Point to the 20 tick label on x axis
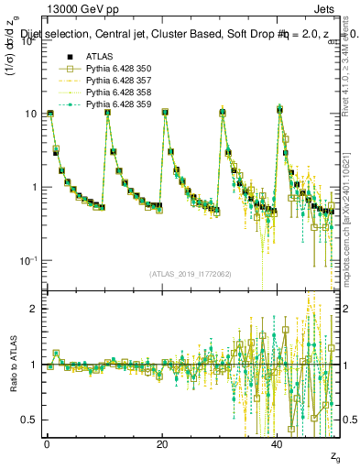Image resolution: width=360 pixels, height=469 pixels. pos(162,442)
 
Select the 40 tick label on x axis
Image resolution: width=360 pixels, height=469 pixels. pos(278,442)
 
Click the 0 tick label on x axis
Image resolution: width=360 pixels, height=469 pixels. pos(47,442)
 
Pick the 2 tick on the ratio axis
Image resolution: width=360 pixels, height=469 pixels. pos(35,309)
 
